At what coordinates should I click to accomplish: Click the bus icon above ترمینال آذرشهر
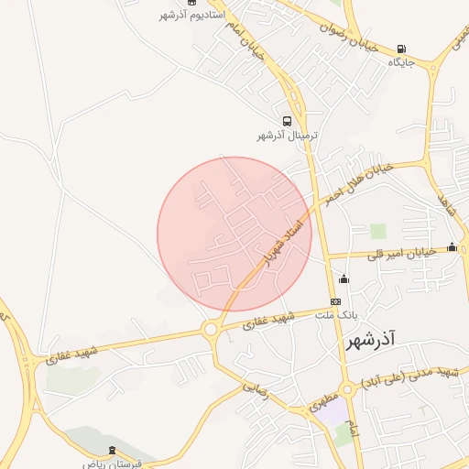point(288,121)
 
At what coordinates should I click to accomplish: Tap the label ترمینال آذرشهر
point(288,136)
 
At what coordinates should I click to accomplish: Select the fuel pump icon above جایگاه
point(403,49)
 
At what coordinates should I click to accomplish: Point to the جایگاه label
point(402,62)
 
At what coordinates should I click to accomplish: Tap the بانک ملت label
point(334,314)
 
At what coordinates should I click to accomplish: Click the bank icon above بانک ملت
point(335,301)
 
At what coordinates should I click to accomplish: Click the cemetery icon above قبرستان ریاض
point(113,450)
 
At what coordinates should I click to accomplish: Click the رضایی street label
point(256,388)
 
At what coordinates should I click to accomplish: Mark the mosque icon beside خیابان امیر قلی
point(452,246)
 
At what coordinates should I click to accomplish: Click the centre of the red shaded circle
point(234,234)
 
